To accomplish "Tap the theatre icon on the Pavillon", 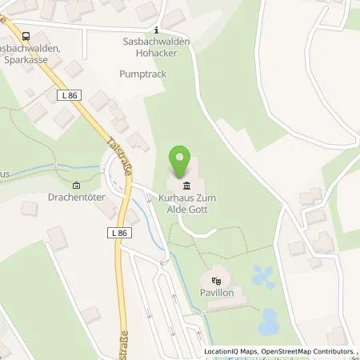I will click(215, 281).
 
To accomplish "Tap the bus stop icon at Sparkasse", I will click(27, 35).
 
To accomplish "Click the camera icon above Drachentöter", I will click(76, 186).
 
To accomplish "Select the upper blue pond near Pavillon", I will click(262, 276).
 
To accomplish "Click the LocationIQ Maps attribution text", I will click(228, 352).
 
